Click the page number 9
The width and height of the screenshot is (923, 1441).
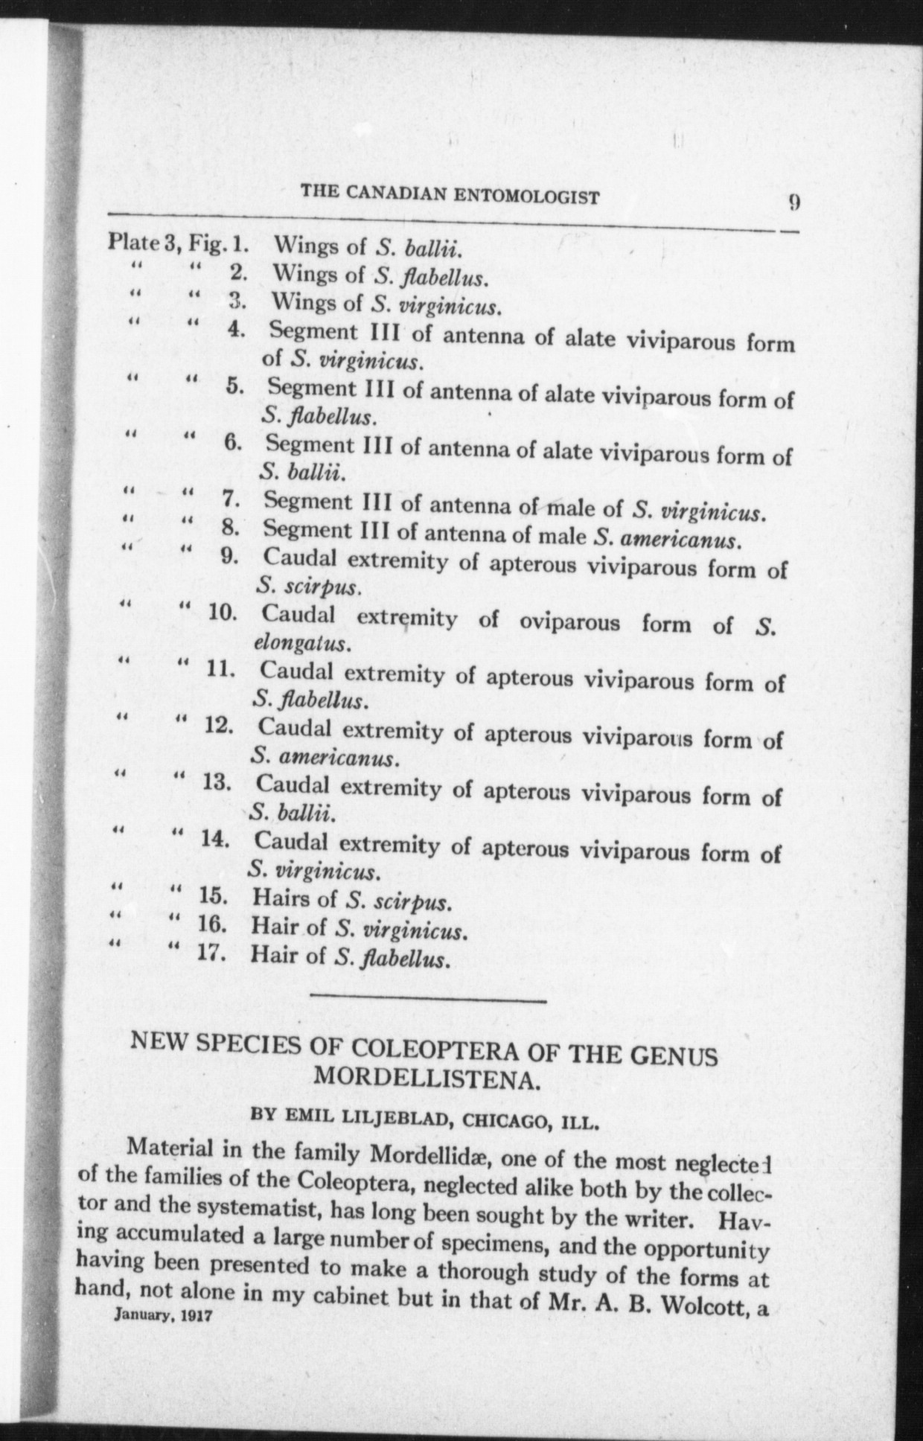(794, 203)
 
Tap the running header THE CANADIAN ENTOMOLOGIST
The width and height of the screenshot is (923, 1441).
(450, 196)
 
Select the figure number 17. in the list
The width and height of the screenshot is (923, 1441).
(212, 953)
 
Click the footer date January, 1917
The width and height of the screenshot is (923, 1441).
(164, 1314)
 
